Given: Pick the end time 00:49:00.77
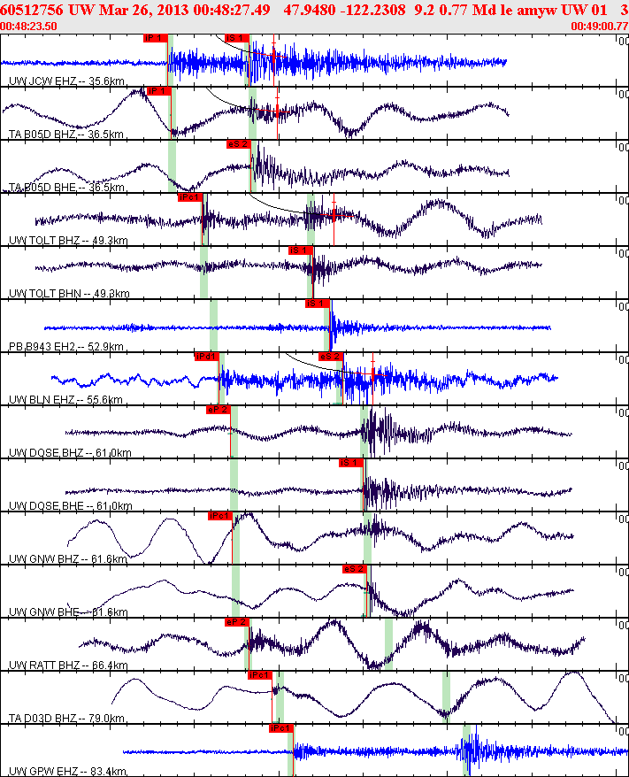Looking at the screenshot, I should [599, 27].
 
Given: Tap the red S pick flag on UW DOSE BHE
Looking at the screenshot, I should [349, 463].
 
